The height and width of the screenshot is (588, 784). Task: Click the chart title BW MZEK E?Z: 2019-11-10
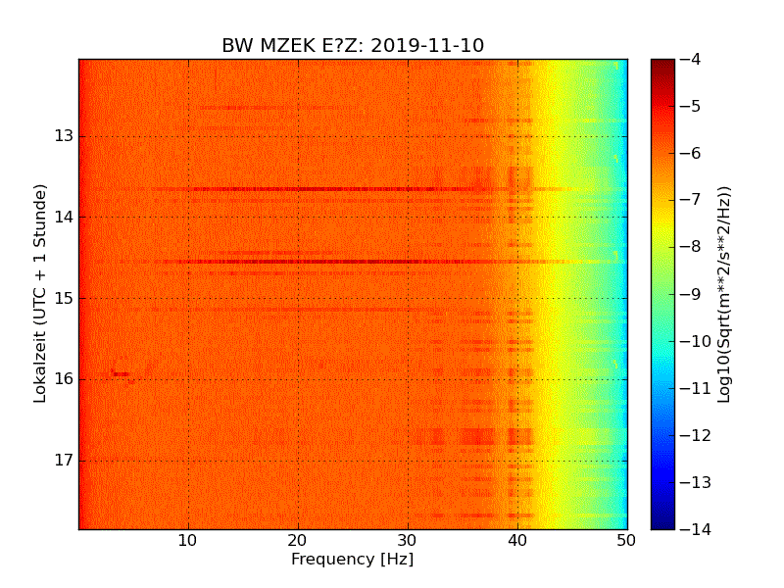click(x=353, y=46)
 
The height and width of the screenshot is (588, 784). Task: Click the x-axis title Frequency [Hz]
click(x=352, y=560)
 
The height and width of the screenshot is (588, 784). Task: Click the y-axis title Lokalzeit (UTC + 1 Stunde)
click(x=40, y=294)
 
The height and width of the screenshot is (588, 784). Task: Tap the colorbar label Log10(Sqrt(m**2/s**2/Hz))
click(x=724, y=294)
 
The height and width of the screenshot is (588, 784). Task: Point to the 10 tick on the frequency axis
click(x=188, y=540)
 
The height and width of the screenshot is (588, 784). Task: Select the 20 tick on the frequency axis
click(x=298, y=540)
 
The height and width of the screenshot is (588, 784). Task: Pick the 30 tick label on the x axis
click(x=408, y=540)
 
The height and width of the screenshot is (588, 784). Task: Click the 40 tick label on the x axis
click(x=517, y=540)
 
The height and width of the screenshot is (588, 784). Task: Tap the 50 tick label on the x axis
click(x=626, y=540)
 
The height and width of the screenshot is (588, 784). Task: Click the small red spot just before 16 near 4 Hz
click(x=120, y=373)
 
